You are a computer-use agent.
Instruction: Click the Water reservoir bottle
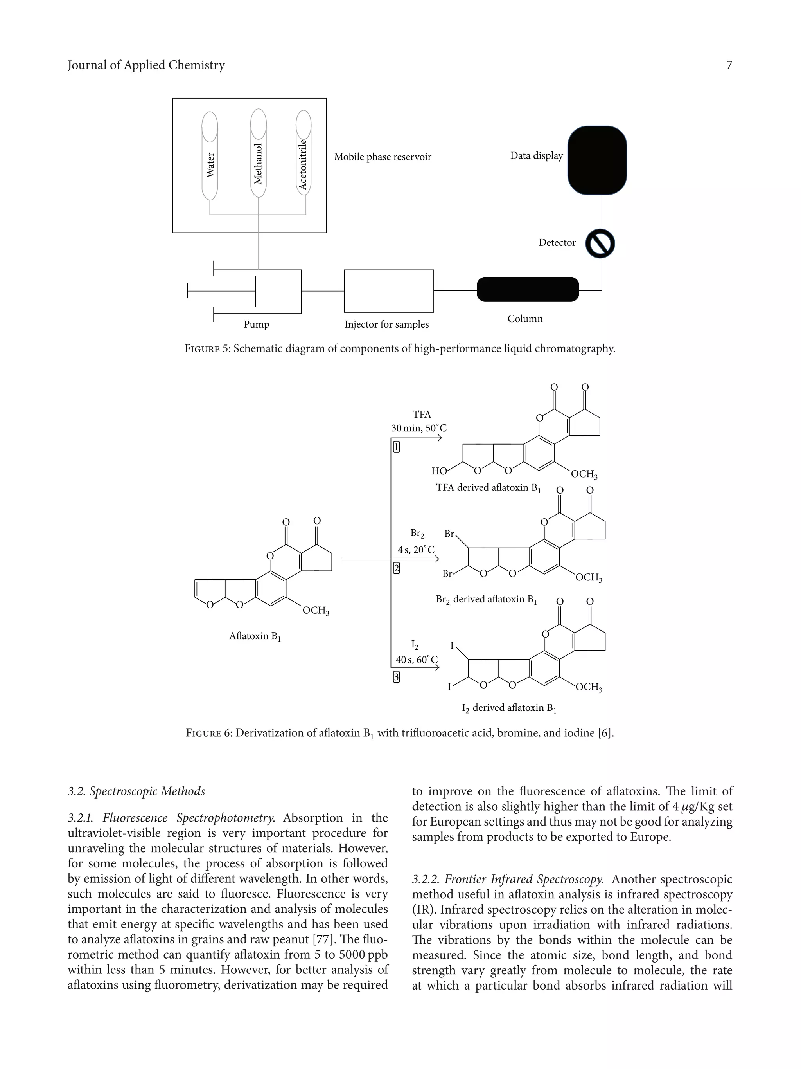210,156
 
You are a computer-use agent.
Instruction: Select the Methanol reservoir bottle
258,154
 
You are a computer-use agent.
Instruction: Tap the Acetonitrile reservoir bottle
303,153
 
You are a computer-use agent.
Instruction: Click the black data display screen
597,160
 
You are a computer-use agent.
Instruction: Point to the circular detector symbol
600,243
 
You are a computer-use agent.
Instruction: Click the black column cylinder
527,289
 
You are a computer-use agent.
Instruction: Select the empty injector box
389,291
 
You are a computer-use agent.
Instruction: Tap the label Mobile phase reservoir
383,157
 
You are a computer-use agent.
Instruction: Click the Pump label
257,324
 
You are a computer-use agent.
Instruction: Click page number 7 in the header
729,65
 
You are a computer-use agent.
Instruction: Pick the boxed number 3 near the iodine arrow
397,677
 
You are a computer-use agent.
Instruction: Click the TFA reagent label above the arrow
422,414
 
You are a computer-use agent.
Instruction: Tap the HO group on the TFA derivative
439,471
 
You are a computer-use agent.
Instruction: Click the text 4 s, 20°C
416,550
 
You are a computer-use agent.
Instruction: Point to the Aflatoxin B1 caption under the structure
255,636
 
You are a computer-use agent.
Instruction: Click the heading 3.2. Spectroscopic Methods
136,791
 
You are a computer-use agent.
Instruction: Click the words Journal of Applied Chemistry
146,65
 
